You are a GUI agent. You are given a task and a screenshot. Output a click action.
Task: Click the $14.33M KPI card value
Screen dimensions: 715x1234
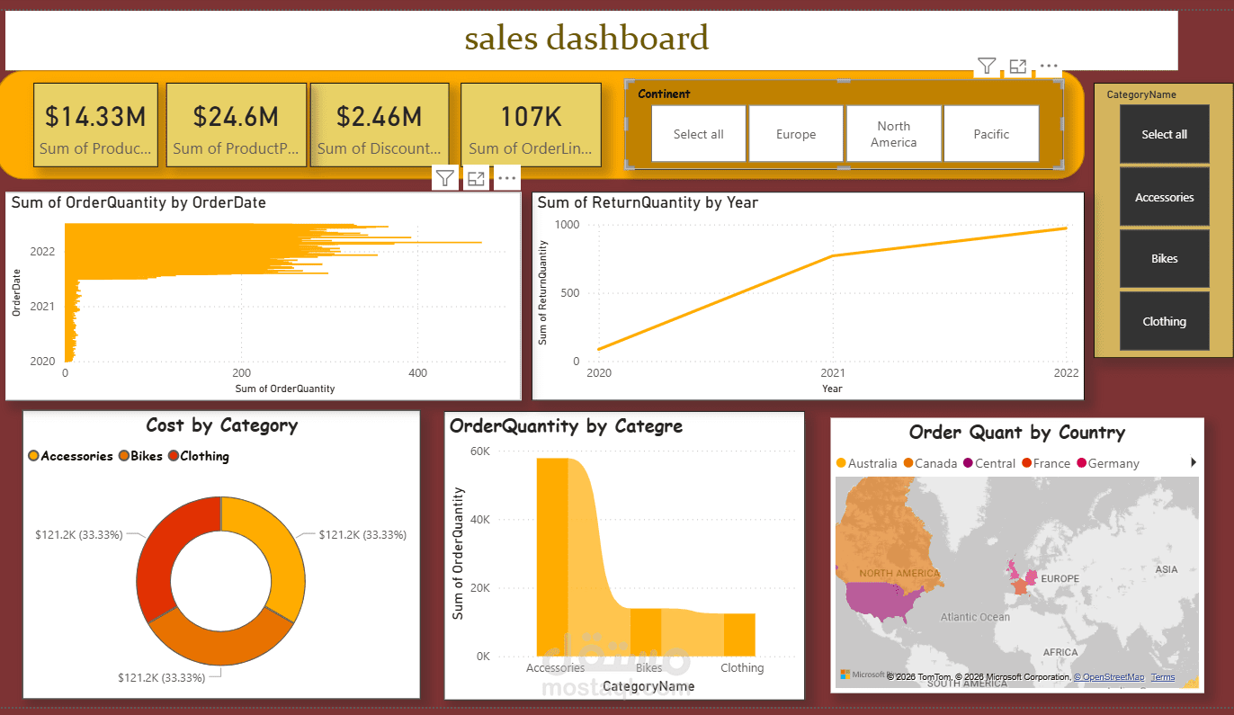pos(95,116)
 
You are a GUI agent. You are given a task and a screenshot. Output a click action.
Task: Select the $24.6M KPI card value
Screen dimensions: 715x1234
pos(236,116)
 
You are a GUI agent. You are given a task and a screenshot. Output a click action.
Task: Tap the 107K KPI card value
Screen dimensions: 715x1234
pos(531,116)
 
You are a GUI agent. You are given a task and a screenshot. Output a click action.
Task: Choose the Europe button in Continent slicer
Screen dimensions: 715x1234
pos(796,134)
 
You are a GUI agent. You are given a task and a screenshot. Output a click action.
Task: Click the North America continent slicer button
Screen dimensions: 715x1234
pos(894,134)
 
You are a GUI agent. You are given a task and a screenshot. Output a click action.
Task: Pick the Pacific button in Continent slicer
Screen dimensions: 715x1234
pos(991,134)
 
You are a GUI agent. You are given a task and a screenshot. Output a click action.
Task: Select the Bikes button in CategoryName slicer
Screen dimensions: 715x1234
pos(1164,259)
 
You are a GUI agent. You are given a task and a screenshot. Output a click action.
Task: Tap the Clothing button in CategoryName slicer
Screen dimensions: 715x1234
pos(1164,321)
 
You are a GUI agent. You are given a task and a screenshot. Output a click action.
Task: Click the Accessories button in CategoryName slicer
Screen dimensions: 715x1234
pos(1164,197)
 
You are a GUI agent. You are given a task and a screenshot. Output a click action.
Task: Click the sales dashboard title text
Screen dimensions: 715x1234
pos(586,39)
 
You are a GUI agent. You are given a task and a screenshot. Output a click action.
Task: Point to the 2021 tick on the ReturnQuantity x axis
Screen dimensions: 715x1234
pos(832,373)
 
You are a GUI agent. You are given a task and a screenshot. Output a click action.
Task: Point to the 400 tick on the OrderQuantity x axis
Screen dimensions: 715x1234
pos(417,373)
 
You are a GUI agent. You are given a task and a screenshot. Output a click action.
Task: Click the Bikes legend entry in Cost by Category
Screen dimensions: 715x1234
pos(147,456)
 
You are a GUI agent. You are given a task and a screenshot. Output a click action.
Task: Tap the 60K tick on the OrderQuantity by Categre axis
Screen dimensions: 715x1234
pos(481,451)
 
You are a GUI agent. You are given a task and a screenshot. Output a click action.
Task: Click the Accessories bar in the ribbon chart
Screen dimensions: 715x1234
pos(552,558)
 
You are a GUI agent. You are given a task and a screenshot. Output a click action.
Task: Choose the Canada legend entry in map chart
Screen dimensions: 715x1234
pos(935,463)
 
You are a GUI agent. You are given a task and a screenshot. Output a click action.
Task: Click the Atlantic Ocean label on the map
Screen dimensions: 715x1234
pos(975,617)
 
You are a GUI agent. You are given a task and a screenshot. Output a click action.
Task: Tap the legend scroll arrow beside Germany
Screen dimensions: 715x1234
pos(1194,462)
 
